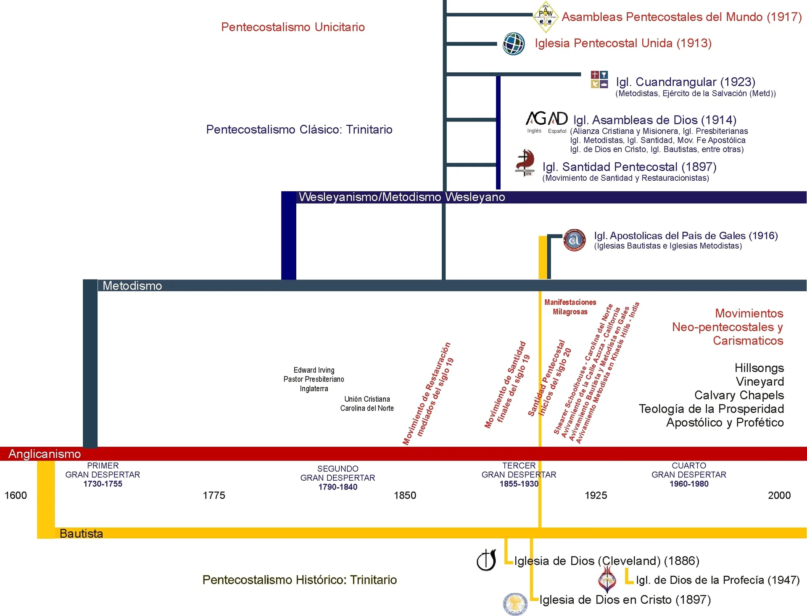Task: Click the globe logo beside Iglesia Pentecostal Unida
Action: coord(514,44)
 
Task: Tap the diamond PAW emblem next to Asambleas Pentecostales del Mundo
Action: coord(546,17)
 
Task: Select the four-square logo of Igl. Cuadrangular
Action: coord(599,79)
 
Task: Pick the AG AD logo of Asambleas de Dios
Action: coord(547,118)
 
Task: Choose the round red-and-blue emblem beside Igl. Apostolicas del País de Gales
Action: coord(575,240)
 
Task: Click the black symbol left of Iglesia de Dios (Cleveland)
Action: coord(487,560)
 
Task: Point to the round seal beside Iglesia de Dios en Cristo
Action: coord(515,604)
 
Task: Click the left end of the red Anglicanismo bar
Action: coord(0,454)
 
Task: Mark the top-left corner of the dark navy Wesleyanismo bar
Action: coord(282,192)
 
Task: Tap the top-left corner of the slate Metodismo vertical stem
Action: coord(83,280)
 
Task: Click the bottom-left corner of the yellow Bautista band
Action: coord(37,538)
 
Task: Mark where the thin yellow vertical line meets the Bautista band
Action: coord(540,528)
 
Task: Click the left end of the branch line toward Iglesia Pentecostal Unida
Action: coord(446,44)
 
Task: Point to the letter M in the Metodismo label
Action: coord(107,286)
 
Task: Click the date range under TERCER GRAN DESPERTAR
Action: coord(519,484)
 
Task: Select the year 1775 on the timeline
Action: coord(214,495)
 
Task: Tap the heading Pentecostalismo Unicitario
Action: coord(293,27)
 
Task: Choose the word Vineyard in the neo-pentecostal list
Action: coord(760,382)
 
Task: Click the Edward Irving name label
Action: coord(314,370)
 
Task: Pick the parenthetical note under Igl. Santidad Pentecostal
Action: coord(626,178)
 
